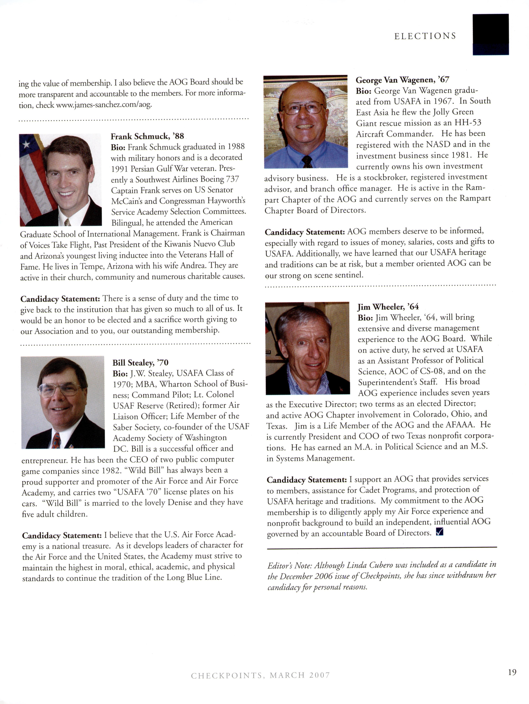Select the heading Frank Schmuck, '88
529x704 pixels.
pyautogui.click(x=147, y=136)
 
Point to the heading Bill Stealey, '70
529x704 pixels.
pyautogui.click(x=140, y=362)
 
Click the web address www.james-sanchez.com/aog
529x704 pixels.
pyautogui.click(x=104, y=105)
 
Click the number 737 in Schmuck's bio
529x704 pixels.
pyautogui.click(x=232, y=179)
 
